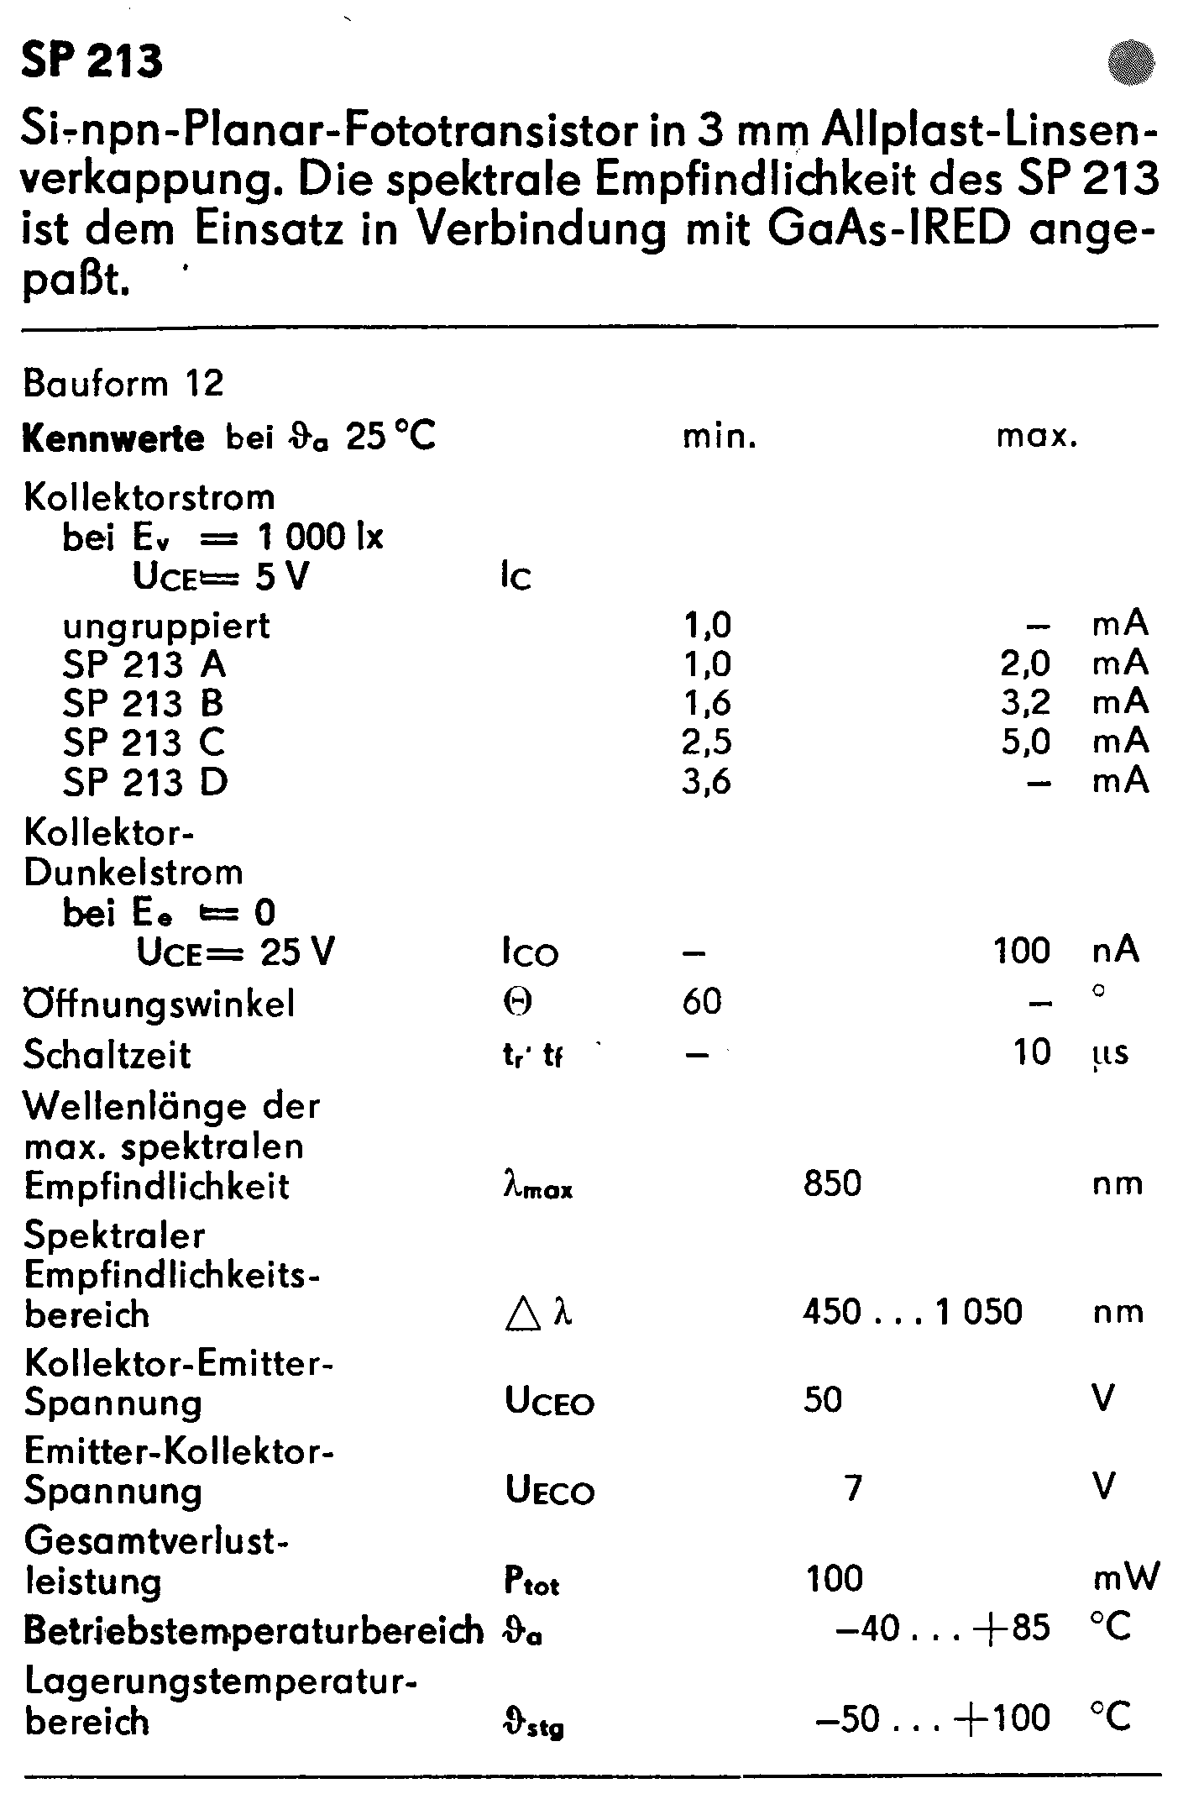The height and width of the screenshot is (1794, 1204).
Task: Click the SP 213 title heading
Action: [x=92, y=61]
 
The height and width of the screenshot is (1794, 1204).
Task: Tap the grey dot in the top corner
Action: [x=1131, y=63]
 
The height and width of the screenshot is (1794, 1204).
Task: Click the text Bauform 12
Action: [x=124, y=384]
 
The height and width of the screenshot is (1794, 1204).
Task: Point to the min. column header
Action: [x=720, y=437]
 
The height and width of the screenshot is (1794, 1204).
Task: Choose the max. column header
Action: [x=1037, y=437]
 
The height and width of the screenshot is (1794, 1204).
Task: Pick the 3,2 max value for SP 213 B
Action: [x=1025, y=702]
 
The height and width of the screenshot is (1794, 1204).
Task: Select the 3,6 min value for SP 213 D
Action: [x=707, y=782]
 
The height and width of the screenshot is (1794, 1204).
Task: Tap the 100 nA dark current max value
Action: [x=1022, y=951]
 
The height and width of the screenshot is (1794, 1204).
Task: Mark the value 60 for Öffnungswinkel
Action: [x=702, y=1001]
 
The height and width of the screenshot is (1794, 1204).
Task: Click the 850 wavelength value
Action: [x=832, y=1183]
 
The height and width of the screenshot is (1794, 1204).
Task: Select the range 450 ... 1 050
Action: [x=912, y=1312]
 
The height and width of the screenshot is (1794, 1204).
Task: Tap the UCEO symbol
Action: [x=549, y=1401]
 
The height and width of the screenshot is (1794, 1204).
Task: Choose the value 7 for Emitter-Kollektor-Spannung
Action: [x=853, y=1488]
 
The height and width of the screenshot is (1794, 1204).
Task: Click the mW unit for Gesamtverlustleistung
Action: [x=1125, y=1577]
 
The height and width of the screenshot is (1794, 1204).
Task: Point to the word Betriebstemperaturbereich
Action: [x=254, y=1630]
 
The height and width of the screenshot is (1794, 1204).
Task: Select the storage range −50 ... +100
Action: [x=932, y=1718]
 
